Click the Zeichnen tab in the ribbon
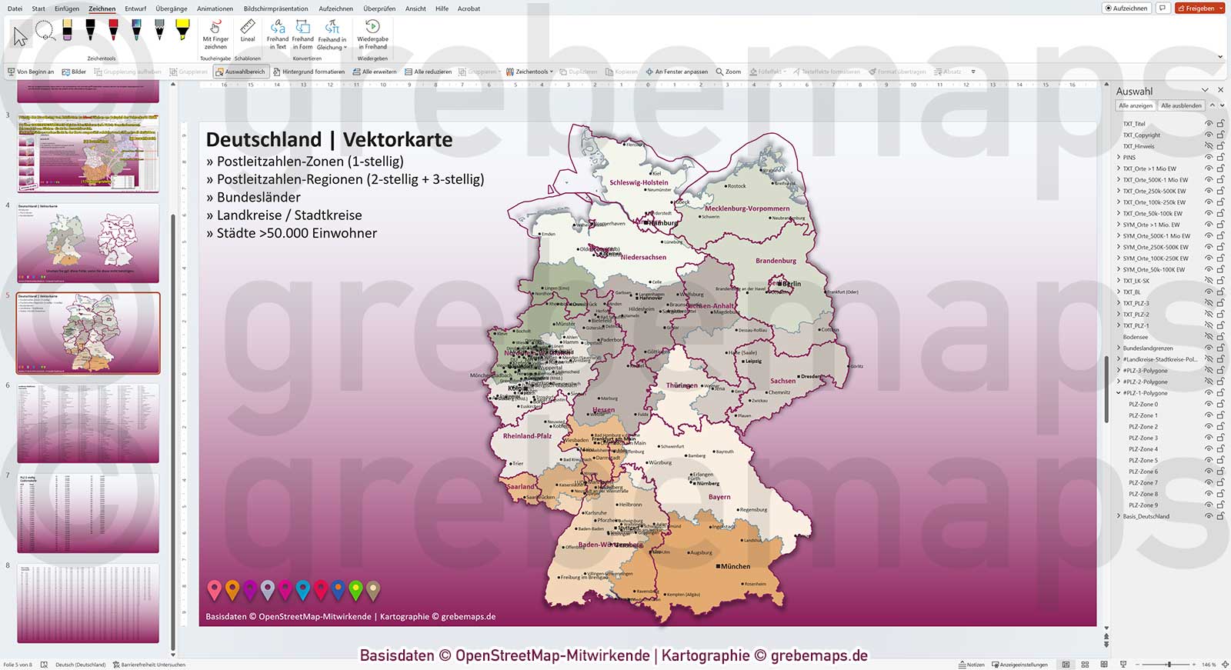click(102, 8)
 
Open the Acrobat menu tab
click(469, 8)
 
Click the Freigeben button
click(1199, 8)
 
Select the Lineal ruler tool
click(248, 32)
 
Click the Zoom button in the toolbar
click(729, 72)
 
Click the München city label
click(735, 566)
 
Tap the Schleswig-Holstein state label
click(639, 183)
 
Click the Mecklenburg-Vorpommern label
click(747, 208)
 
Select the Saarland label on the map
click(520, 486)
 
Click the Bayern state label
click(719, 497)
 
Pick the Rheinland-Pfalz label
click(527, 436)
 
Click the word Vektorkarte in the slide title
click(397, 140)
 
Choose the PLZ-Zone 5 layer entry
click(1143, 461)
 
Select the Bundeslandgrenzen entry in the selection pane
click(1147, 348)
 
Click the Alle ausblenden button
click(1180, 105)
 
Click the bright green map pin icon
click(355, 590)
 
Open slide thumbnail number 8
click(88, 604)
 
